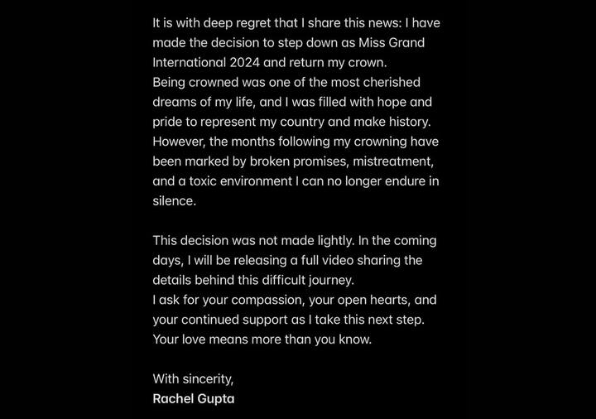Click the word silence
pos(173,201)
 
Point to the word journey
pos(330,280)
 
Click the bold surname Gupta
pos(217,399)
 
